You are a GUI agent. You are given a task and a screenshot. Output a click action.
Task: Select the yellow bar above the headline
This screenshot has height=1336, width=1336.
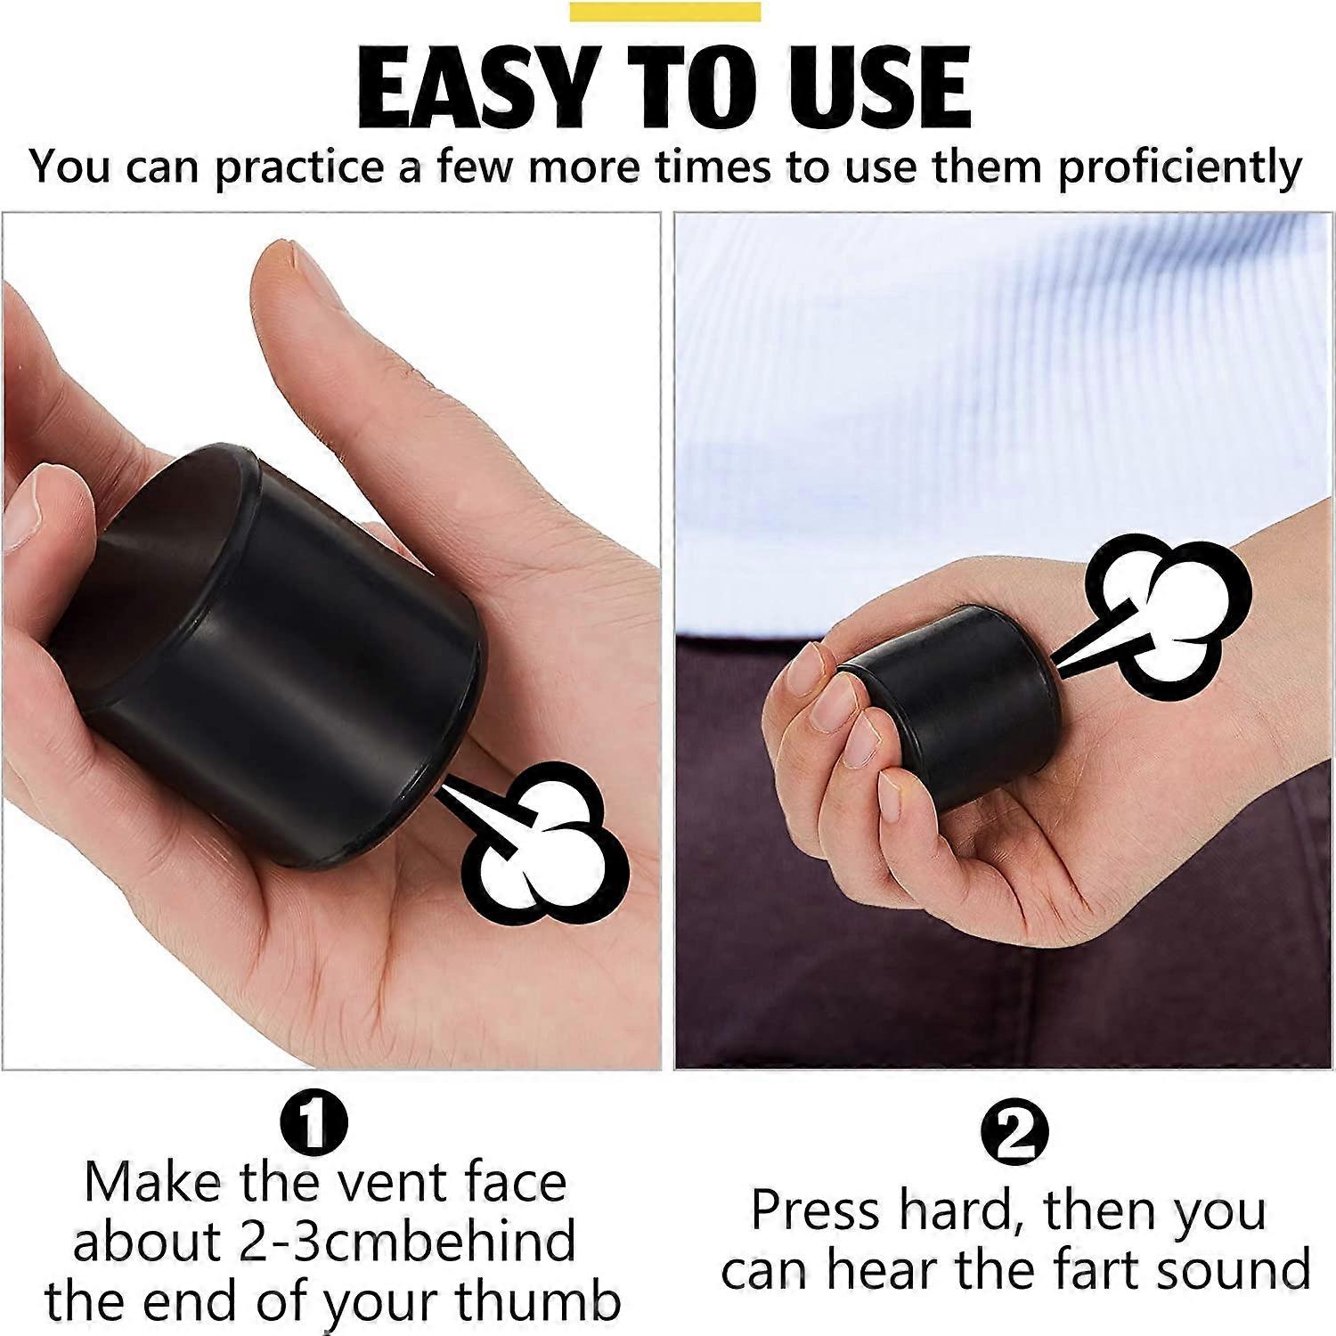click(x=664, y=12)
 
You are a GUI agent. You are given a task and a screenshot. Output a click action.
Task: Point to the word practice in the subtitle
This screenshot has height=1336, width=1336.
click(x=305, y=168)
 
